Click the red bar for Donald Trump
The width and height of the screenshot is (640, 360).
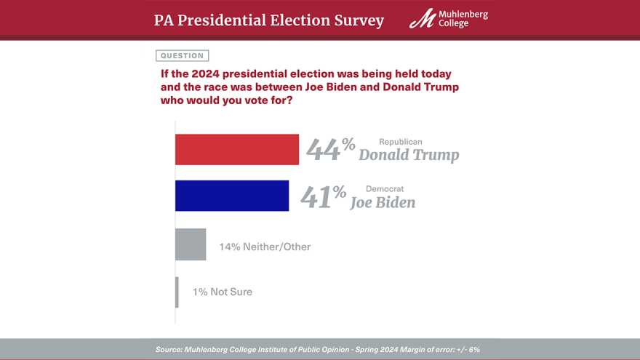click(x=236, y=149)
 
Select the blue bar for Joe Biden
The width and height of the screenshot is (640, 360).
click(x=231, y=196)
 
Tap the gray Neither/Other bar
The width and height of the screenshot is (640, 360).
click(x=190, y=244)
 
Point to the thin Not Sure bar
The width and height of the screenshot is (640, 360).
click(x=177, y=292)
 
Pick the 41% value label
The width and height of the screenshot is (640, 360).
click(x=323, y=196)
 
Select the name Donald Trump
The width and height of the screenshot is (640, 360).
click(x=409, y=155)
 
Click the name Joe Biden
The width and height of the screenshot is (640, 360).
click(x=383, y=202)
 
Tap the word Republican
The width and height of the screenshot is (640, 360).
click(x=400, y=142)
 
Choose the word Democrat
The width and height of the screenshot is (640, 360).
click(x=384, y=189)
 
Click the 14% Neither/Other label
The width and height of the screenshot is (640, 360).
click(x=265, y=247)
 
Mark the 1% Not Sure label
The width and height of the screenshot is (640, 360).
click(x=222, y=292)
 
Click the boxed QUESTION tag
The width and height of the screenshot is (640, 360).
click(x=182, y=55)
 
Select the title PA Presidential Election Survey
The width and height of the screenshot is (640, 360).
click(x=268, y=20)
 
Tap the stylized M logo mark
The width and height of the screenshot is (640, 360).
click(x=423, y=19)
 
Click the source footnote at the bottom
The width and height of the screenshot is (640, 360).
click(x=317, y=350)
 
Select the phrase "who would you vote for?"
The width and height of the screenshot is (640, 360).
click(x=226, y=100)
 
